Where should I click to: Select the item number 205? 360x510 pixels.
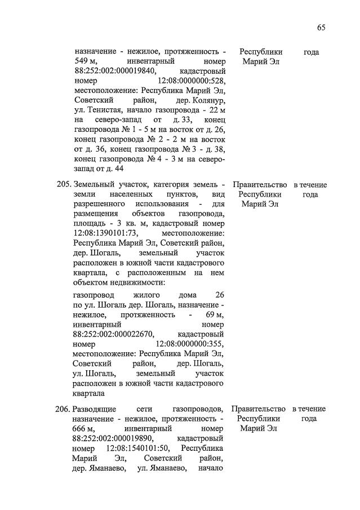click(64, 185)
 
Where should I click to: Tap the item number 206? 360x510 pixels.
click(63, 409)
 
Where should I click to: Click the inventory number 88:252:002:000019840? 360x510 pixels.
click(112, 72)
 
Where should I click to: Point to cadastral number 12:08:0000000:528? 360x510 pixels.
click(190, 82)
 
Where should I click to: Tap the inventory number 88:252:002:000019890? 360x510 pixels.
click(112, 438)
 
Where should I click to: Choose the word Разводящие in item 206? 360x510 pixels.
click(95, 409)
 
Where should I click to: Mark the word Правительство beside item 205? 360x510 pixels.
click(259, 185)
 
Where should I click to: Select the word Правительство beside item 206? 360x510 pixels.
click(258, 409)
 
